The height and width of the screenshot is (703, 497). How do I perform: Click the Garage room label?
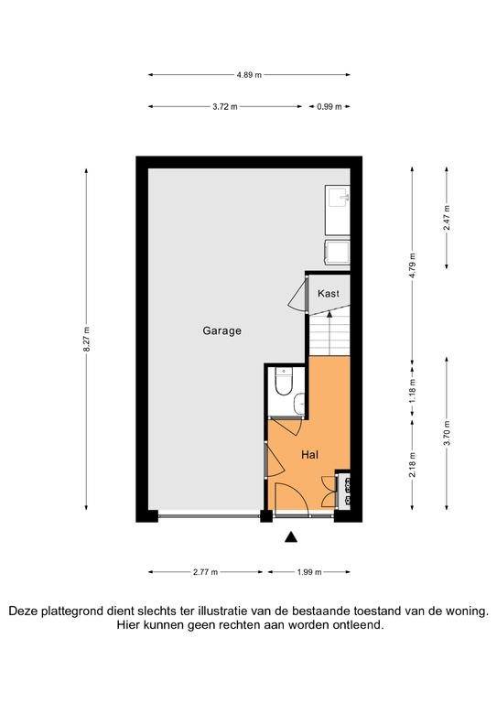click(221, 330)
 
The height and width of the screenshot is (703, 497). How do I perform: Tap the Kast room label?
click(329, 294)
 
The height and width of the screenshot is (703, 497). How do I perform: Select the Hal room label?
click(309, 455)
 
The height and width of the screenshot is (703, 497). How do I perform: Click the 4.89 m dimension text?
click(249, 75)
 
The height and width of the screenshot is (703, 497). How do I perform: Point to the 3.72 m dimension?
click(225, 107)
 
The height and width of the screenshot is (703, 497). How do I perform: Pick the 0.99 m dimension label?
click(330, 107)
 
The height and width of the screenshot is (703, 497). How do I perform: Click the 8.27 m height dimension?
click(86, 339)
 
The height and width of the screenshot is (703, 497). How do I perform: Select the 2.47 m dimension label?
click(447, 218)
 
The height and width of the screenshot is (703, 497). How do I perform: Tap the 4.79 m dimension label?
click(412, 265)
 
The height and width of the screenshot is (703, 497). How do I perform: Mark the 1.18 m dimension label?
click(412, 391)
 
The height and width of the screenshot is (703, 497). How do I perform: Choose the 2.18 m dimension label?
click(412, 465)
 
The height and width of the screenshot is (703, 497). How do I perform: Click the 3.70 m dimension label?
click(447, 434)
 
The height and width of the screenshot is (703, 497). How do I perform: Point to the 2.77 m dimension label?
click(206, 572)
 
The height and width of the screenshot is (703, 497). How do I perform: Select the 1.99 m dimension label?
click(309, 572)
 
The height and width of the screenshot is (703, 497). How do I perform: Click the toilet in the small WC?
click(283, 382)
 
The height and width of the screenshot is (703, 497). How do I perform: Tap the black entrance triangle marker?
click(291, 537)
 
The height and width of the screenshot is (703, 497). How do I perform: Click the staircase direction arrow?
click(330, 332)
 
